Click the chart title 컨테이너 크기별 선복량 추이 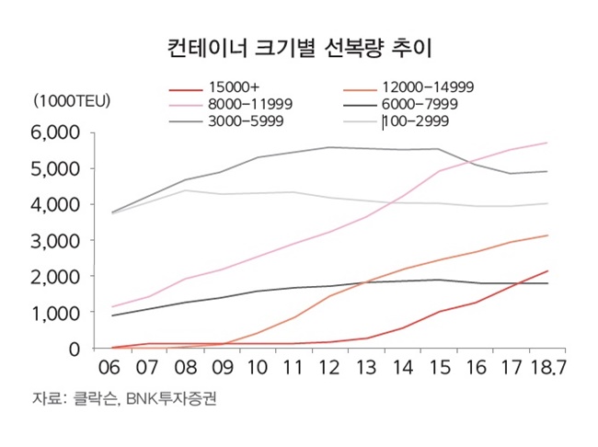pos(298,46)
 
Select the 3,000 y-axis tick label pos(63,240)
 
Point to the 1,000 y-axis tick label pos(63,313)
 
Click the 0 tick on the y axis pos(78,349)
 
